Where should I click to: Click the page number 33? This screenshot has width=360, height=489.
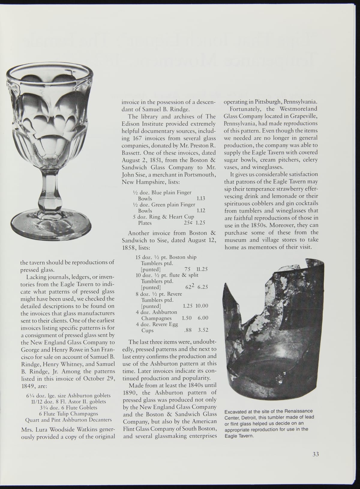(x=315, y=454)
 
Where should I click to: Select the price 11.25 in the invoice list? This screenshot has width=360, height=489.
(x=202, y=269)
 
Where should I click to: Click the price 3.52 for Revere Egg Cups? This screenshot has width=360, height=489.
(x=203, y=331)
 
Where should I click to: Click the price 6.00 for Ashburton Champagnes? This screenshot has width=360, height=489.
(x=203, y=318)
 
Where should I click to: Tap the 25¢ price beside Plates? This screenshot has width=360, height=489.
(x=188, y=223)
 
